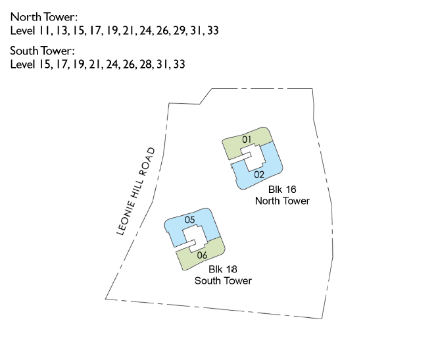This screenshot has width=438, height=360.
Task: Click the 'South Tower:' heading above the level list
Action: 41,51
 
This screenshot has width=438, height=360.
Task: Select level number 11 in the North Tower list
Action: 45,30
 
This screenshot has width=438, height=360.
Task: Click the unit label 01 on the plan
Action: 247,140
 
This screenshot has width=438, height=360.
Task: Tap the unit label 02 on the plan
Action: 258,174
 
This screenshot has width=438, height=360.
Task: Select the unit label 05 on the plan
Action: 191,220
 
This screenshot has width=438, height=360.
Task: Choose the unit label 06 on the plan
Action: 202,255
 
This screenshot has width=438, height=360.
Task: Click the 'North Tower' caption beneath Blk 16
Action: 282,201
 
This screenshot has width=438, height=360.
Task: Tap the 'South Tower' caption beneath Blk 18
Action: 223,280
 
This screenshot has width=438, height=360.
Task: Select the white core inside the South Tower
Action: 197,238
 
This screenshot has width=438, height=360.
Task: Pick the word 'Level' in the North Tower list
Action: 23,30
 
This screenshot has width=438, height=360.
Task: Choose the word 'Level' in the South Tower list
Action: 23,64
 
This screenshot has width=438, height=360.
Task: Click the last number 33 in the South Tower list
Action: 179,64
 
